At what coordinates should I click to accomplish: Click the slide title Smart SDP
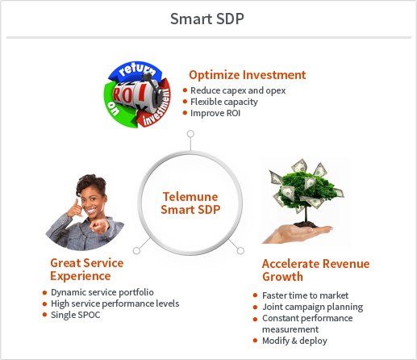(207, 19)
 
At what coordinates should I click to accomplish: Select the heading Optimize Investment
(248, 75)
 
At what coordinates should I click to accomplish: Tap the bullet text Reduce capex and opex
(238, 90)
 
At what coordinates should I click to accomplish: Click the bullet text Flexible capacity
(224, 102)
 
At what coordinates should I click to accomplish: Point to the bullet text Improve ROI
(215, 113)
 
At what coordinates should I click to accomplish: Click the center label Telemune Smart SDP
(190, 203)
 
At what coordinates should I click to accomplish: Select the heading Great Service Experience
(87, 270)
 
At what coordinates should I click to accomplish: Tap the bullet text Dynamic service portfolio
(102, 292)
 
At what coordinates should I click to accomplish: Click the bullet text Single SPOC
(75, 315)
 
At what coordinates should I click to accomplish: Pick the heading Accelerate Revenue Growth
(315, 270)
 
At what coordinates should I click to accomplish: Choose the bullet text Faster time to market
(305, 295)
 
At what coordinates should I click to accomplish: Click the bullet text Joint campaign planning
(312, 307)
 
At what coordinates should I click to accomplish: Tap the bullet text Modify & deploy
(294, 341)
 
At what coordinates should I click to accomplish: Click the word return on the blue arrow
(137, 69)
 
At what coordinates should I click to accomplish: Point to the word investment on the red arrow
(156, 107)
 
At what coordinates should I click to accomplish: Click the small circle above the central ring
(190, 134)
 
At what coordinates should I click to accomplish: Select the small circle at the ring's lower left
(136, 250)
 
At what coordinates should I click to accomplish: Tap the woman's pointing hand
(99, 226)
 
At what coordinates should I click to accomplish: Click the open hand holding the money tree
(297, 233)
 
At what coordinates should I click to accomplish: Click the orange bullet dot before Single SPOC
(44, 315)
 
